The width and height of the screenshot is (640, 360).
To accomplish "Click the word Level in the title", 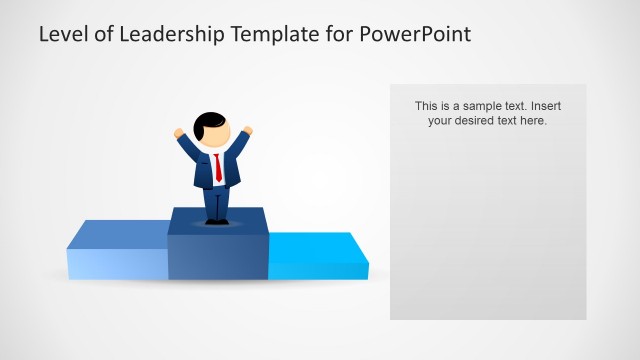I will [x=61, y=35].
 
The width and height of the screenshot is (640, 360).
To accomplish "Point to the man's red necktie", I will [x=218, y=167].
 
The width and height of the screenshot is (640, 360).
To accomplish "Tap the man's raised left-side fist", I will [x=180, y=132].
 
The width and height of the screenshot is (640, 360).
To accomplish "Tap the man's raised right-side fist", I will [x=247, y=130].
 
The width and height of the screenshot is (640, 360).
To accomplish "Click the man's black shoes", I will [x=217, y=221].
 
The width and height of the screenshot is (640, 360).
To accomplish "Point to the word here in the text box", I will [x=533, y=121].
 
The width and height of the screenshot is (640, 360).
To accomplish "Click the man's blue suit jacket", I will [x=203, y=171].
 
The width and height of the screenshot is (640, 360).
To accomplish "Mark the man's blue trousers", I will [x=217, y=202].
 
